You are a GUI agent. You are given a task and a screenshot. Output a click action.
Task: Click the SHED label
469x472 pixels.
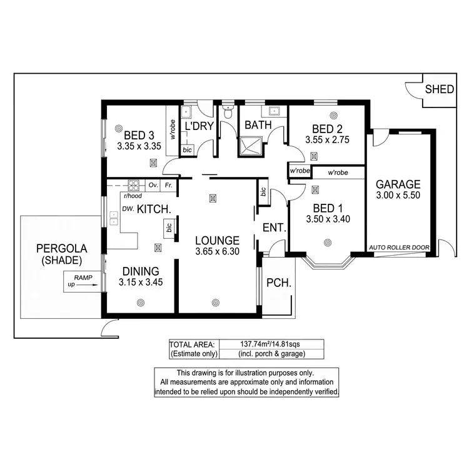click(x=439, y=89)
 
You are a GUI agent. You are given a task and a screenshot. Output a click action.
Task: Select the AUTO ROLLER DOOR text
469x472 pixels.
click(x=400, y=248)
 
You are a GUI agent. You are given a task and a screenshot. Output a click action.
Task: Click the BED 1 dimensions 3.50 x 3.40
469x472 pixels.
click(x=328, y=219)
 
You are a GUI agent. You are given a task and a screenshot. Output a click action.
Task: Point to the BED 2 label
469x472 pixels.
click(x=326, y=130)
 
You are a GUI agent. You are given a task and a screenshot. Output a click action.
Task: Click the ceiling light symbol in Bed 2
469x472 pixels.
click(x=333, y=116)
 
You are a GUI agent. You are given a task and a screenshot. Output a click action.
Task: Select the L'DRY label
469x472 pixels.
click(x=199, y=127)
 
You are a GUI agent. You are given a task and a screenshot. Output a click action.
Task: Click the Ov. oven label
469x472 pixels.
click(x=153, y=185)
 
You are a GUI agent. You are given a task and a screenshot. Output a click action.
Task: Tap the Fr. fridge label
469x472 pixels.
click(x=168, y=185)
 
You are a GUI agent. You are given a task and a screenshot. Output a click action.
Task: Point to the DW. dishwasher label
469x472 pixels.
click(x=128, y=209)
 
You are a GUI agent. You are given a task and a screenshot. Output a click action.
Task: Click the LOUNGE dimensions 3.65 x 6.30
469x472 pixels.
click(x=216, y=252)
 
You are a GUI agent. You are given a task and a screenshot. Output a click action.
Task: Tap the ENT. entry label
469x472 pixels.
click(x=275, y=229)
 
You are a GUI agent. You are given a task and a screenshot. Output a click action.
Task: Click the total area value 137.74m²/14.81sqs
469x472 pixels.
click(x=271, y=344)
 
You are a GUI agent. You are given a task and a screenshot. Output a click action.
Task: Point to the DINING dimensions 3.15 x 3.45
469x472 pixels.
click(x=140, y=283)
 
